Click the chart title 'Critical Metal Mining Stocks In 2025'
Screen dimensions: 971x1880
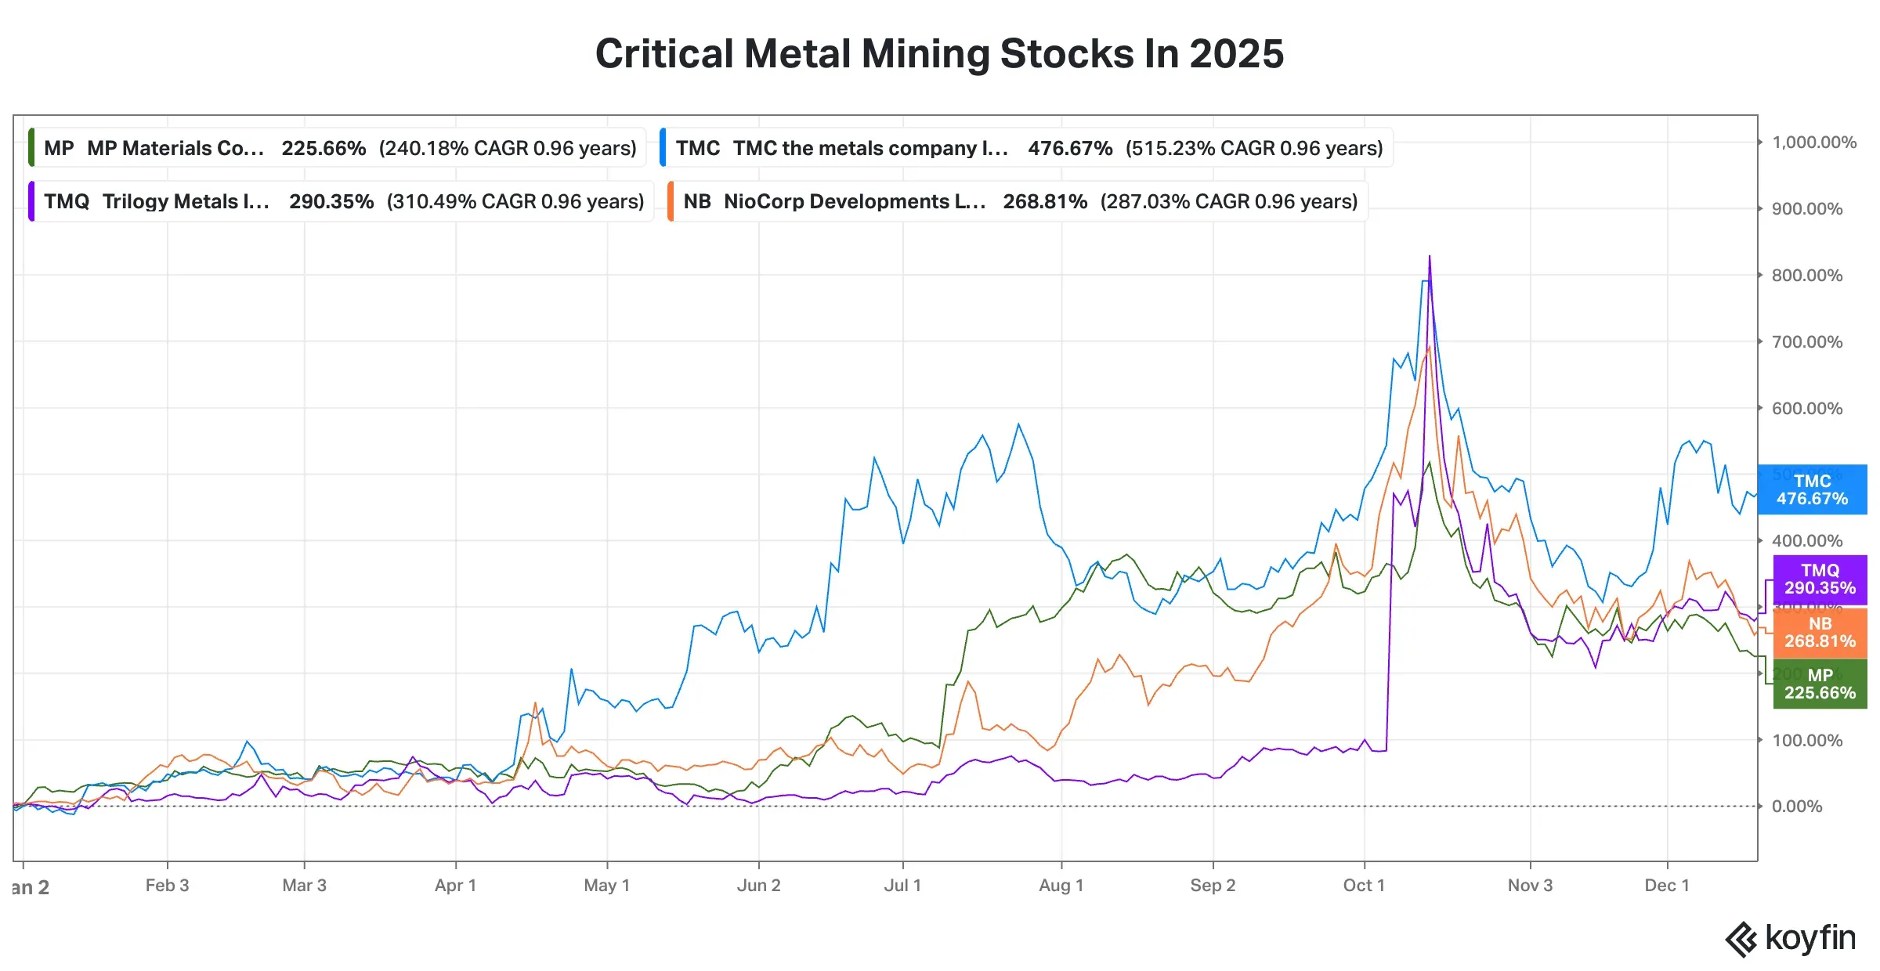click(939, 54)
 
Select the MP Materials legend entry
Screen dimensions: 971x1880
click(337, 148)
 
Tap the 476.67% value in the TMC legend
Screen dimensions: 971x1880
click(1070, 148)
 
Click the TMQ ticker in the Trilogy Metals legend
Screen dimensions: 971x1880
click(67, 201)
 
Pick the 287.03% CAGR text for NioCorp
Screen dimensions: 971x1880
click(1228, 201)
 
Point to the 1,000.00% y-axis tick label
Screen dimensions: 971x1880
click(1813, 143)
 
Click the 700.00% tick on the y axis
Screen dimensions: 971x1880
click(1806, 341)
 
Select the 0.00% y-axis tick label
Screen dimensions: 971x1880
click(1796, 807)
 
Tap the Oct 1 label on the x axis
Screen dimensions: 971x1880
click(1364, 886)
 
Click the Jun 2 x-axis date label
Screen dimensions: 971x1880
click(758, 886)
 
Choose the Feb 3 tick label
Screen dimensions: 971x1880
click(167, 886)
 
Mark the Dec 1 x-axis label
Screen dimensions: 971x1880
click(1666, 886)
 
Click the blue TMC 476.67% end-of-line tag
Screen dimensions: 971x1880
click(1812, 489)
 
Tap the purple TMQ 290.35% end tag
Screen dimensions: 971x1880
click(1820, 579)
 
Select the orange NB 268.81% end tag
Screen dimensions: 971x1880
click(1820, 632)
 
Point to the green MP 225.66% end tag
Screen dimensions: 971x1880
click(1820, 684)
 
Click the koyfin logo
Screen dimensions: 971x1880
click(1791, 938)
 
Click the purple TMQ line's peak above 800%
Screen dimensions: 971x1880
click(1430, 258)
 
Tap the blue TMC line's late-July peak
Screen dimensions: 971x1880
click(1018, 425)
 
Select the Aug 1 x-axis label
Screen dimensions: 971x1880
click(1061, 886)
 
